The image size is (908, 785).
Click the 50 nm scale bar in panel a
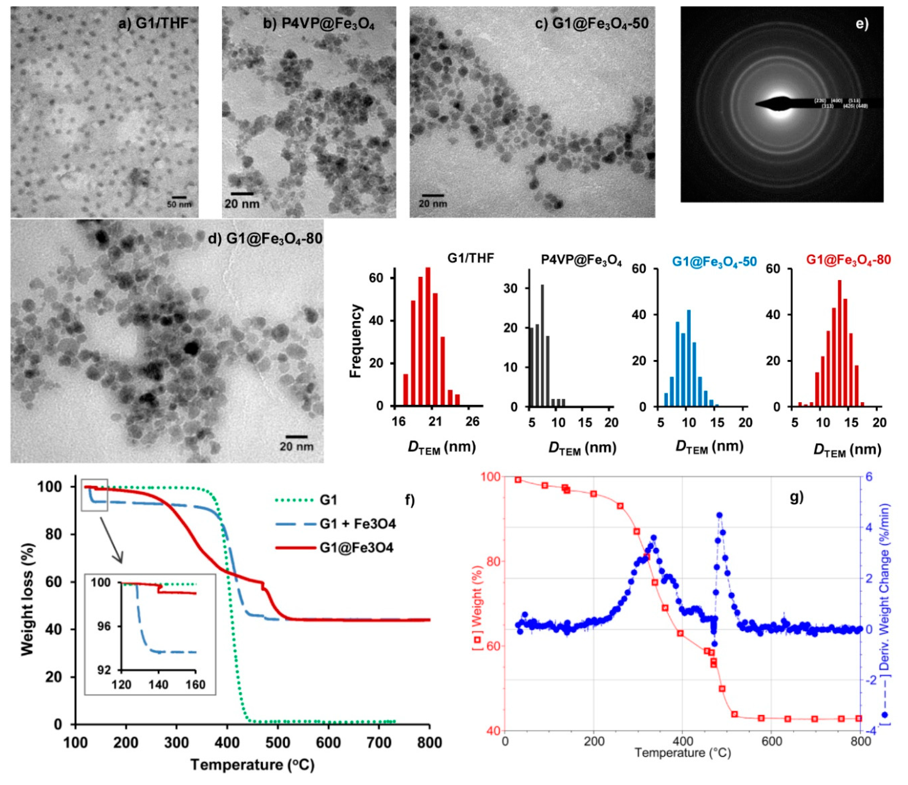tap(179, 198)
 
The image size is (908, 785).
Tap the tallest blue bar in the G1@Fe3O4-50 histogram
tap(688, 358)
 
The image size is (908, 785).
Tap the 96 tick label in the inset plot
tap(103, 627)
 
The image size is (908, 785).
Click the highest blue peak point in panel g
tap(719, 515)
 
